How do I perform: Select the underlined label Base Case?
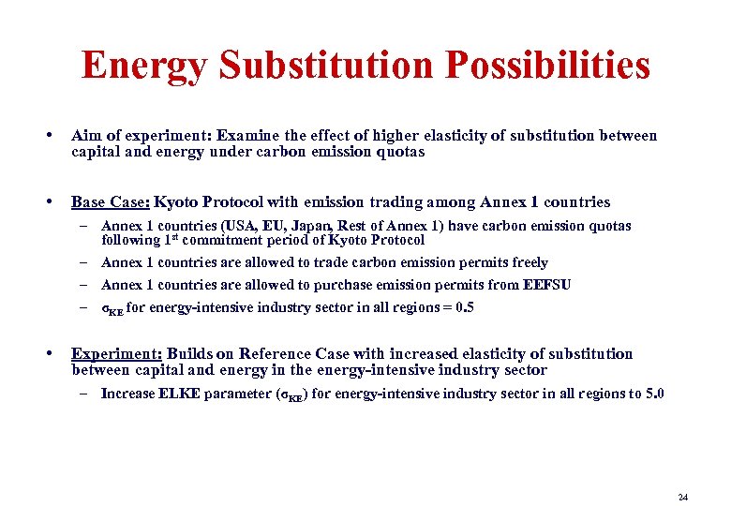111,201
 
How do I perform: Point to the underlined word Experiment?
117,353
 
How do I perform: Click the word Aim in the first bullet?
86,136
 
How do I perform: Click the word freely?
528,262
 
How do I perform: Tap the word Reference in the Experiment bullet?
276,353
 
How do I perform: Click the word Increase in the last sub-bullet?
127,394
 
